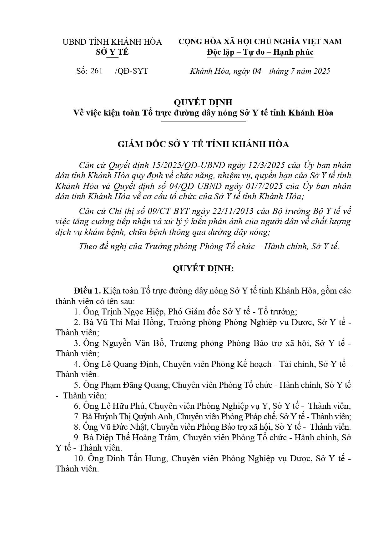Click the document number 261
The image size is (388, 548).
tap(96, 71)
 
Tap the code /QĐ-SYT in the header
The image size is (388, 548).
tap(131, 71)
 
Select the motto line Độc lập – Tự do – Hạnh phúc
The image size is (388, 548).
tap(260, 52)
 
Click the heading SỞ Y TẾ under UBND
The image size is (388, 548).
tap(112, 52)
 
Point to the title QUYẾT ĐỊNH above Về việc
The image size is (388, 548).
tap(203, 102)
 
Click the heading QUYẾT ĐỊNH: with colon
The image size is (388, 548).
tap(203, 269)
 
